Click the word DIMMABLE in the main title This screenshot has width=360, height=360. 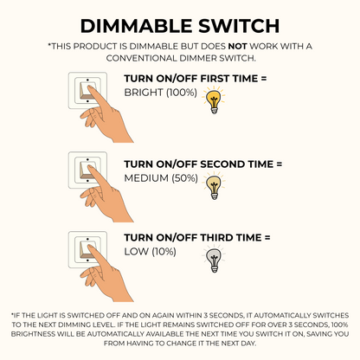coord(136,26)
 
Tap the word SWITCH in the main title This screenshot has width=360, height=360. coord(239,26)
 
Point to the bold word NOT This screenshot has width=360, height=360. coord(237,46)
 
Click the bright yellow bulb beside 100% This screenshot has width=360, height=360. coord(214,100)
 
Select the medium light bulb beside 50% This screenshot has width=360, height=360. coord(214,186)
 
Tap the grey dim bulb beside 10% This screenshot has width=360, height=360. coord(214,259)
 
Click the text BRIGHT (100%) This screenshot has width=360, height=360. coord(161,93)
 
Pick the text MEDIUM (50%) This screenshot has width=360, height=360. coord(161,178)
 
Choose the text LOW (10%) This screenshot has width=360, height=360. coord(150,252)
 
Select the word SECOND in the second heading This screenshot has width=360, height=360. coord(222,164)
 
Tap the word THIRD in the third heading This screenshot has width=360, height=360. coord(216,238)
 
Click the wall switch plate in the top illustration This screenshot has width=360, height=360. coord(87,91)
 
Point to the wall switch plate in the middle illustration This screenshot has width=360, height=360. coord(87,170)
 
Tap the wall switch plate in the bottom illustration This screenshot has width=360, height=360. coord(87,250)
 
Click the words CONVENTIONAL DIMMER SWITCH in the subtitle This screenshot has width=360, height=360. coord(181,58)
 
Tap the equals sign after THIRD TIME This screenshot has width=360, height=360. coord(267,238)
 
